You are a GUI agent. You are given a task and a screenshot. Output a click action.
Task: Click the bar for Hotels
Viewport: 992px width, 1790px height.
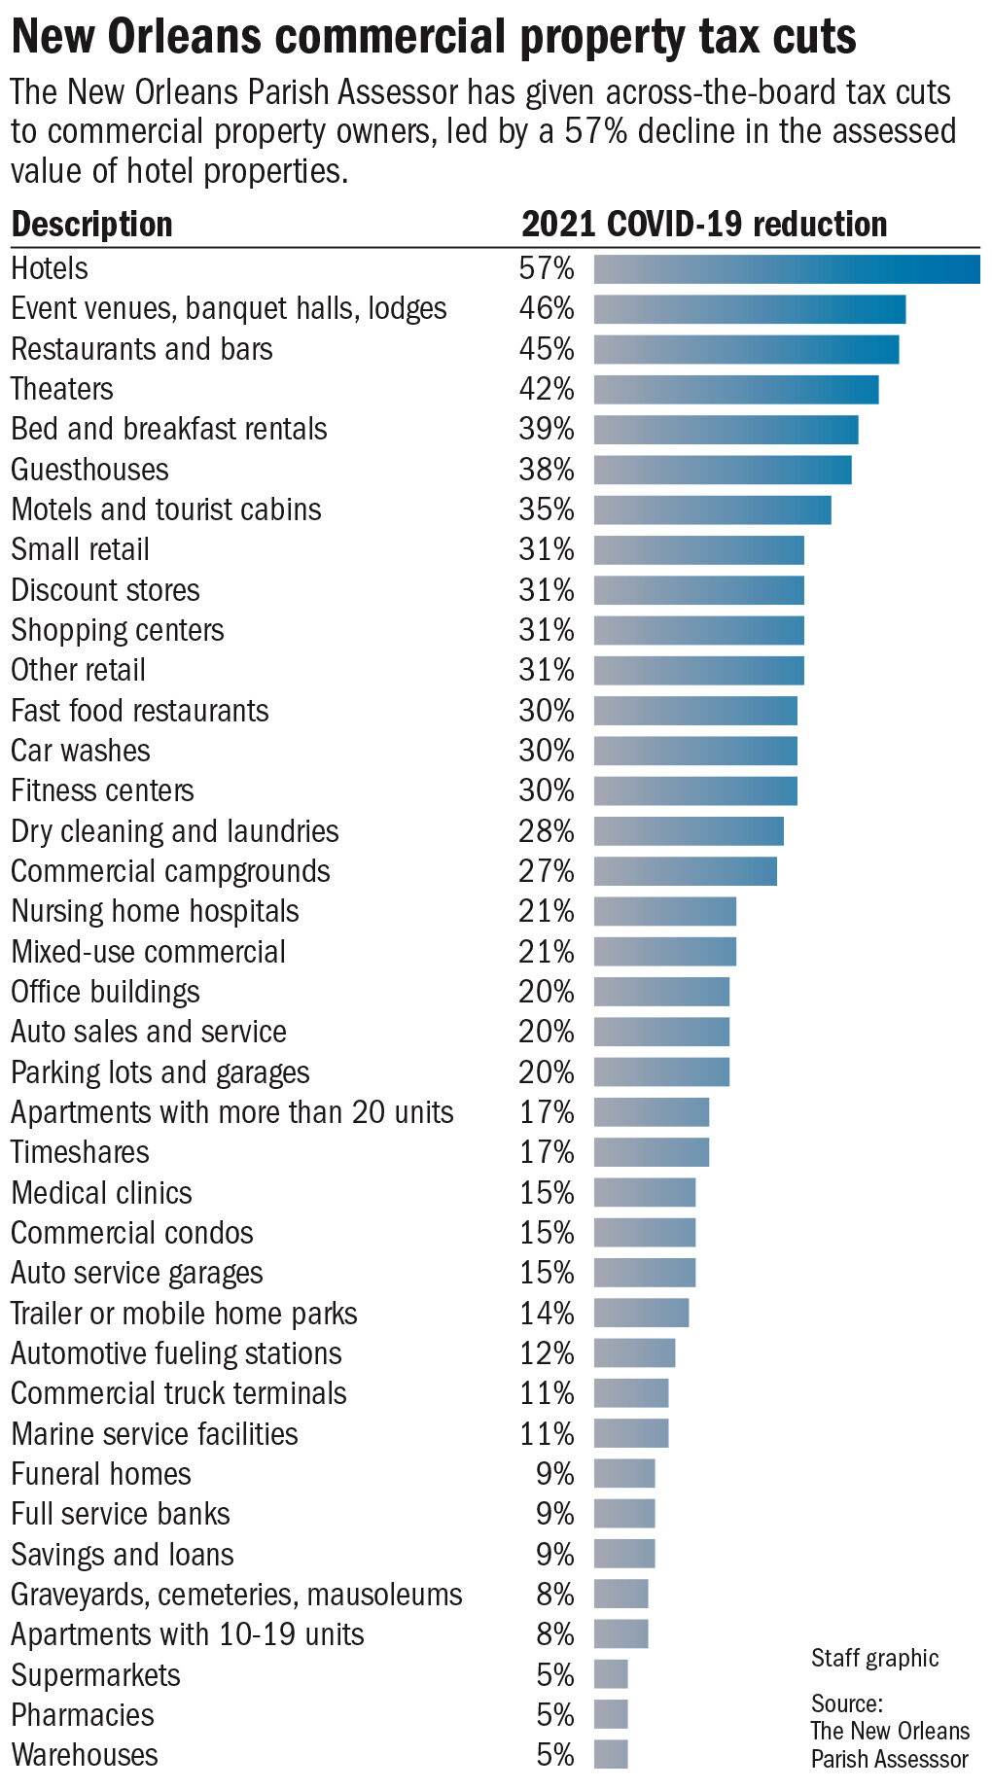tap(786, 268)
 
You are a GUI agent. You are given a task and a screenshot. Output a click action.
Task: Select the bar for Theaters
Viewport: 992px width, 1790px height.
tap(735, 389)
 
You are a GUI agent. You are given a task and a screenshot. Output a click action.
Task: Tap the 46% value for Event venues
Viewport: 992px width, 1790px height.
tap(546, 308)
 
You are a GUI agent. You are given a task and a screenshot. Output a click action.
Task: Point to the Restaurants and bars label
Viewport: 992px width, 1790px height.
tap(142, 349)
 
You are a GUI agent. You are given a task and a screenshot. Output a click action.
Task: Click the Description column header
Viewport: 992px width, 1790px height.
tap(91, 225)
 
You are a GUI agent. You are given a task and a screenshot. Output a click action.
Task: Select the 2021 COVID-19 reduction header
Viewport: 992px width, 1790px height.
tap(704, 225)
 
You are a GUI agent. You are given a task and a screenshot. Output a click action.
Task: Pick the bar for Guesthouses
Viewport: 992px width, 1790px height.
tap(722, 470)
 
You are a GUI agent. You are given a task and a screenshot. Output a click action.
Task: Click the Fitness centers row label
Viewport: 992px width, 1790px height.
tap(102, 790)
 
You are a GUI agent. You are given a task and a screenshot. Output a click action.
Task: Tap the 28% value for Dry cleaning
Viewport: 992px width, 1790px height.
tap(546, 831)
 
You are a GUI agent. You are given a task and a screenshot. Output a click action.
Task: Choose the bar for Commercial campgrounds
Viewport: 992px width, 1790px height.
tap(685, 871)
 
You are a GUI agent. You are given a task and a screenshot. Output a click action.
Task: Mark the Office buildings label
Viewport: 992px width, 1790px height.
tap(105, 992)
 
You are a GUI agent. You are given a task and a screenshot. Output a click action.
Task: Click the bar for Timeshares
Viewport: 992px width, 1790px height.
tap(651, 1152)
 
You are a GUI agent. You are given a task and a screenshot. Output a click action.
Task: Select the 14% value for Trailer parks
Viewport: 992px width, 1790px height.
tap(546, 1314)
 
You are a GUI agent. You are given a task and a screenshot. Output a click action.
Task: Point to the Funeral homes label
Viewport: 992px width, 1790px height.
tap(101, 1474)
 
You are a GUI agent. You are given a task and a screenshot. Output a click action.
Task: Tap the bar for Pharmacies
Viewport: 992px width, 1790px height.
tap(611, 1714)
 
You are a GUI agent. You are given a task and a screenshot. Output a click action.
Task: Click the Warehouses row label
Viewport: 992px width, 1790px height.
tap(85, 1755)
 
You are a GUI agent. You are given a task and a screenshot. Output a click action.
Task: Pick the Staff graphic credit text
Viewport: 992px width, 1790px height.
tap(874, 1658)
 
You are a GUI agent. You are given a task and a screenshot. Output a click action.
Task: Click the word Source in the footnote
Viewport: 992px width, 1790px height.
tap(846, 1703)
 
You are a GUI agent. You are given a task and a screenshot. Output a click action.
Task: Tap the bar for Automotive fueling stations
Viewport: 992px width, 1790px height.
tap(634, 1353)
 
